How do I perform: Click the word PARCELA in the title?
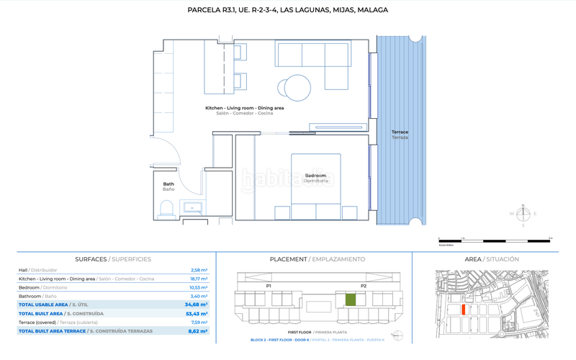[204, 11]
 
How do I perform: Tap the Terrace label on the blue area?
[400, 132]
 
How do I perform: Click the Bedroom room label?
[315, 175]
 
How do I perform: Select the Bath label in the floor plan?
[168, 184]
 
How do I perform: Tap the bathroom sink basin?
[194, 208]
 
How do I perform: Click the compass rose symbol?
[524, 214]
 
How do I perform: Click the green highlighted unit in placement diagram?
[351, 300]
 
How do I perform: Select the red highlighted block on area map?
[464, 309]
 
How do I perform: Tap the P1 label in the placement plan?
[268, 286]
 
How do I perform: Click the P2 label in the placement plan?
[364, 286]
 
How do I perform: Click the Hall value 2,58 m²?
[199, 270]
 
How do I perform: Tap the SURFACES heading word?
[91, 259]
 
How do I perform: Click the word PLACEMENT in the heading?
[288, 259]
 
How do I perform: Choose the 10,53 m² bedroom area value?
[198, 287]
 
